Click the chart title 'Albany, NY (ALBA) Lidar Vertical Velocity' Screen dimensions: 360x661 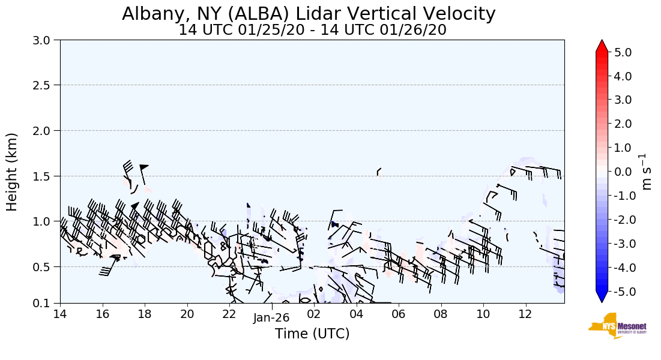click(309, 13)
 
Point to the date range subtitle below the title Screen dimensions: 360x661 click(312, 29)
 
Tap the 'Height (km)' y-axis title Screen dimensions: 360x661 click(12, 172)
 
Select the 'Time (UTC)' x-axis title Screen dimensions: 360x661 click(312, 334)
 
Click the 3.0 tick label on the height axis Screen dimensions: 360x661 click(44, 40)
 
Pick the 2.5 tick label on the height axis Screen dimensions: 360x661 click(44, 85)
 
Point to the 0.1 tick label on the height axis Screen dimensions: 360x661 click(44, 304)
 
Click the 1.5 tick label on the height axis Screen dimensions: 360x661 click(44, 176)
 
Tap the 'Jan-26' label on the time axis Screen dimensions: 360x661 click(271, 319)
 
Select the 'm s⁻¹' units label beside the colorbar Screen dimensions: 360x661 click(647, 172)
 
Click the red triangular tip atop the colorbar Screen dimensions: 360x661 click(602, 46)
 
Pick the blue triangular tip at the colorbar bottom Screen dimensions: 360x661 click(602, 297)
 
